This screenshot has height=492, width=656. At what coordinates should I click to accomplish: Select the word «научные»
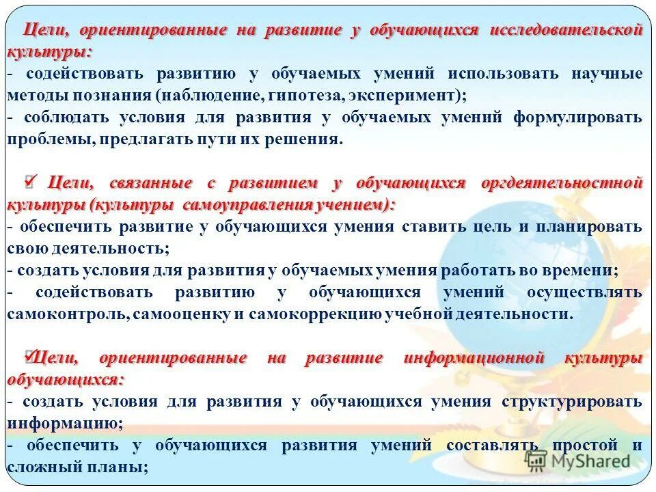coord(601,73)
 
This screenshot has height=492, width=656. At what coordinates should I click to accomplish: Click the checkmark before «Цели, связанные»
coord(31,180)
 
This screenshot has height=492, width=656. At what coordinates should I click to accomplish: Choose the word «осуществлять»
coord(584,292)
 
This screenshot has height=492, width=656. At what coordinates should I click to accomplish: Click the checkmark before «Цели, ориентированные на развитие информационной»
coord(29,355)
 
